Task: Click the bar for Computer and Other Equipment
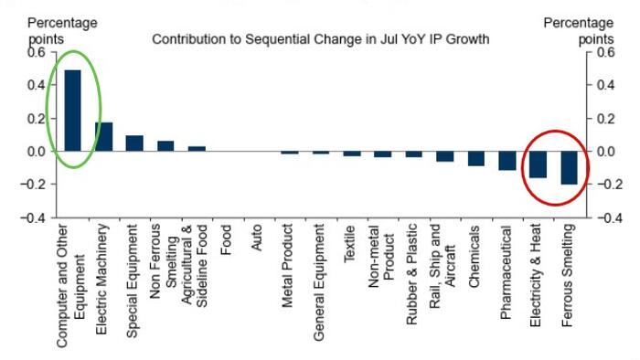(72, 111)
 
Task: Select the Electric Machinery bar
(104, 136)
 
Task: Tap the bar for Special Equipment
(134, 143)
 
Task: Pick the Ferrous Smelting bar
(570, 167)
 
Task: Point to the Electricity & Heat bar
(539, 164)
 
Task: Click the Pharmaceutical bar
(507, 161)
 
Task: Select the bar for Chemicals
(476, 159)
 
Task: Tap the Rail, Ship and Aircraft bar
(445, 156)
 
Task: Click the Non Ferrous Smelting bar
(165, 146)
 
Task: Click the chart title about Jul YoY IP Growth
(321, 39)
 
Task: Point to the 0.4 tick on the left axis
(37, 85)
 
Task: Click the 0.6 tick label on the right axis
(605, 52)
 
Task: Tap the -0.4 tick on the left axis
(33, 217)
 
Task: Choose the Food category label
(226, 240)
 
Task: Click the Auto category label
(256, 238)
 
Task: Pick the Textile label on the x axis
(349, 244)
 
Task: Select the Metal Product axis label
(287, 265)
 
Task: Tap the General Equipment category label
(318, 281)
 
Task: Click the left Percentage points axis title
(62, 30)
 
